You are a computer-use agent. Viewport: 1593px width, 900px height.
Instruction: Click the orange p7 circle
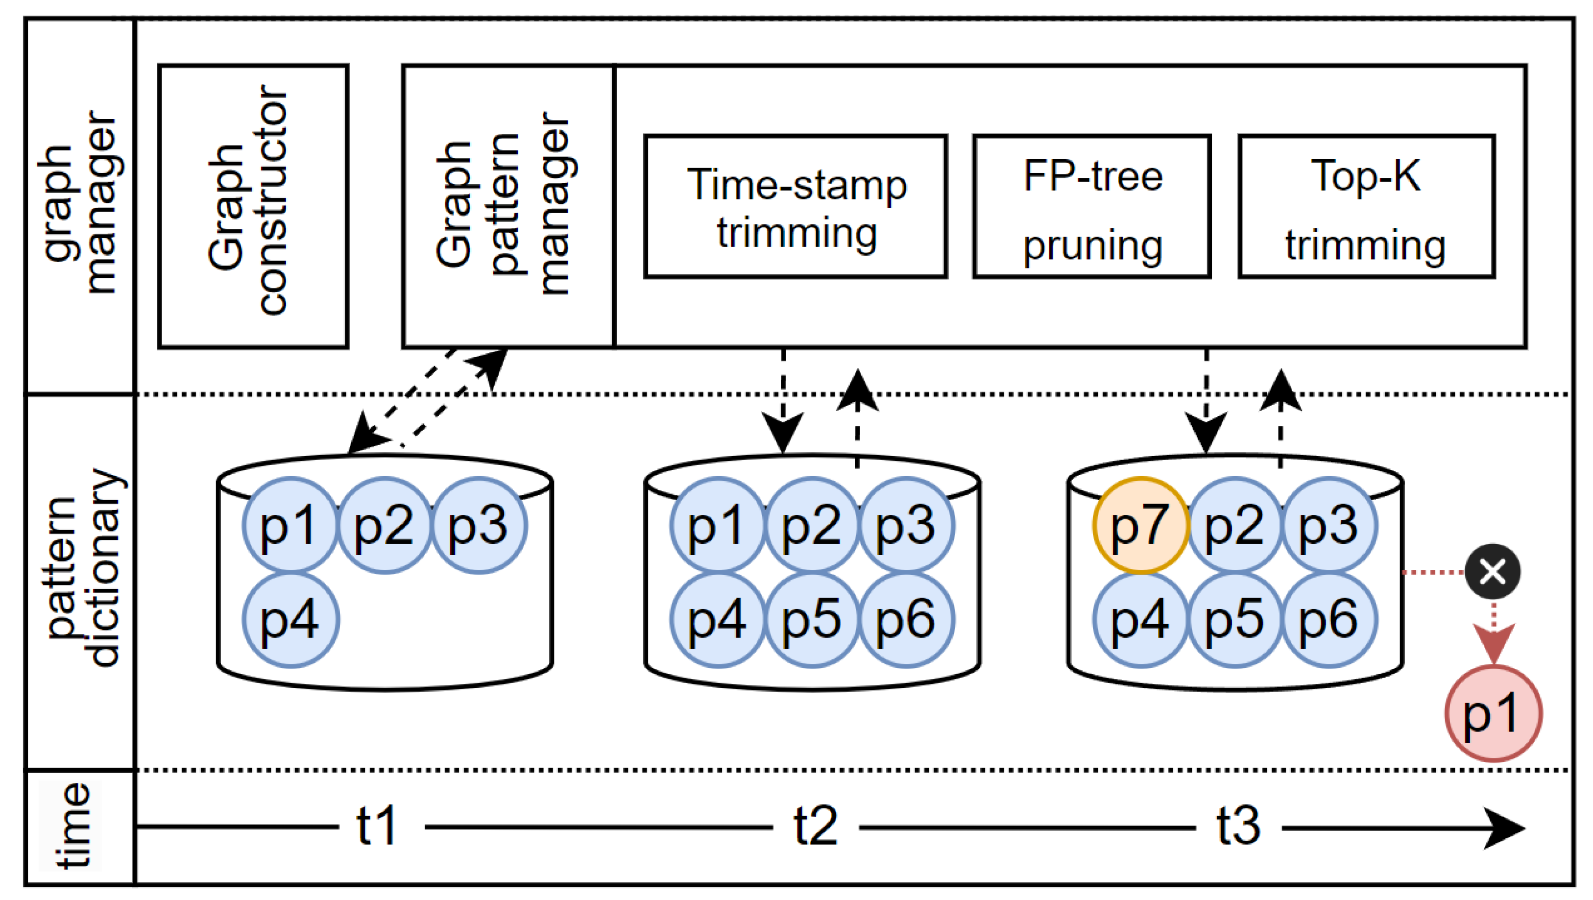(x=1140, y=525)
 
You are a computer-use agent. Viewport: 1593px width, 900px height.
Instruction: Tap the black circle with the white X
(x=1493, y=572)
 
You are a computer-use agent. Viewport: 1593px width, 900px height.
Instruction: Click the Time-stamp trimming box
(x=795, y=207)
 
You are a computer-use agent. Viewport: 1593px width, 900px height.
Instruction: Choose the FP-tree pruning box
(x=1091, y=207)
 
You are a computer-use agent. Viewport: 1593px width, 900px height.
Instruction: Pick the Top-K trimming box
(x=1366, y=207)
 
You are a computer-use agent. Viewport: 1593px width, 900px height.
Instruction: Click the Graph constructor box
(x=253, y=207)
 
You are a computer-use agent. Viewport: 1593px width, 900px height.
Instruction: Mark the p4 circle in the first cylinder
(x=290, y=619)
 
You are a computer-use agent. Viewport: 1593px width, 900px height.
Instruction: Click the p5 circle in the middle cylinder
(x=812, y=619)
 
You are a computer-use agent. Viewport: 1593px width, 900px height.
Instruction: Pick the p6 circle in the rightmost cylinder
(x=1328, y=619)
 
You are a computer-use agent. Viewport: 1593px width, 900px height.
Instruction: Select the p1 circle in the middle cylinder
(x=717, y=525)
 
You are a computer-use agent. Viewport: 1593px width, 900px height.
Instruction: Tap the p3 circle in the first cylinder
(x=478, y=525)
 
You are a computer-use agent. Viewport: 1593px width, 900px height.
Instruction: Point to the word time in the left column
(x=73, y=826)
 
